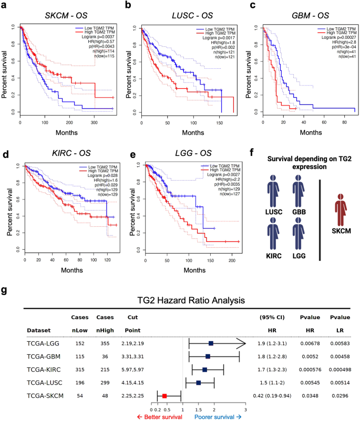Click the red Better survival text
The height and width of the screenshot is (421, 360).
point(159,416)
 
